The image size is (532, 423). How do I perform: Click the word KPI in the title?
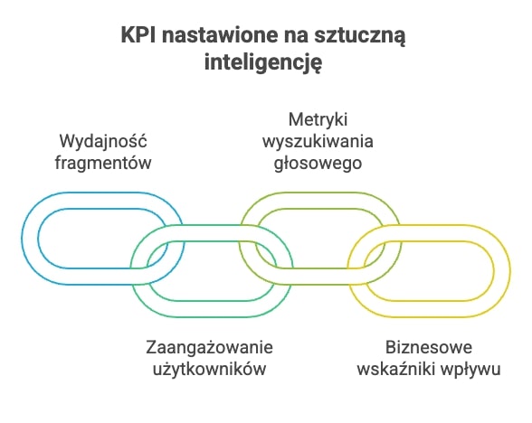click(x=138, y=35)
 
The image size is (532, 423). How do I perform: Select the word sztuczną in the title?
click(x=360, y=36)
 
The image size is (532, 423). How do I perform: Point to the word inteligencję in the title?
click(x=263, y=63)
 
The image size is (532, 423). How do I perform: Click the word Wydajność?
click(x=103, y=141)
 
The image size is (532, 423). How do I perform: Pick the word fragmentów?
click(x=103, y=163)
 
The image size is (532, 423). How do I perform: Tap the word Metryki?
click(x=318, y=120)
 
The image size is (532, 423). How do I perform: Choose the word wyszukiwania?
click(x=318, y=141)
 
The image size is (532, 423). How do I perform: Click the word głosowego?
click(x=318, y=163)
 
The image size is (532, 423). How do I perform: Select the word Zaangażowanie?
click(x=209, y=348)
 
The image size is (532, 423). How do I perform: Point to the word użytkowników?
click(x=209, y=369)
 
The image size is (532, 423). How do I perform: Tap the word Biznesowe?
click(x=429, y=348)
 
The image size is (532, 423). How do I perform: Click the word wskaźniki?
click(x=396, y=369)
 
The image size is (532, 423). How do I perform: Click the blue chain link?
click(x=30, y=239)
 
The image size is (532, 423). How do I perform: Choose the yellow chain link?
click(x=502, y=271)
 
